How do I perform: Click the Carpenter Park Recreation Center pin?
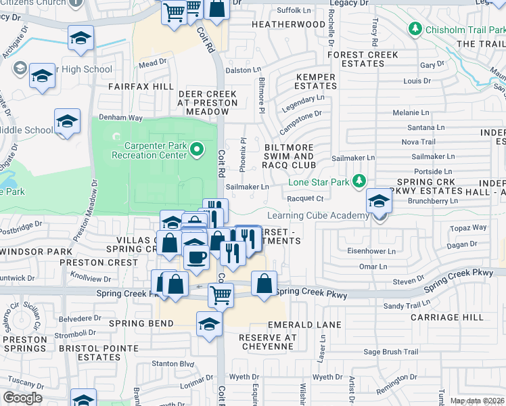click(197, 149)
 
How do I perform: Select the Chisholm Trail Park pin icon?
click(414, 29)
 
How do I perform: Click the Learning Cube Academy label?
click(318, 216)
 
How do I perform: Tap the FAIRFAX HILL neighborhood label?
click(141, 87)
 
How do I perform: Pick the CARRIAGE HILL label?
click(447, 317)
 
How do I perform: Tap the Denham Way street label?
click(121, 117)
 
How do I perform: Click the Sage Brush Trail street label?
click(391, 352)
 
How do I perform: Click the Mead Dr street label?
click(152, 62)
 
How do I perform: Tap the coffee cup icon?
click(196, 257)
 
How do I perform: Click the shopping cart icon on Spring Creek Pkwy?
click(221, 294)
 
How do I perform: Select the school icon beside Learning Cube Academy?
click(379, 201)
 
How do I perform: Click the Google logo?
click(22, 398)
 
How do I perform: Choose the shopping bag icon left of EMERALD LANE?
click(264, 283)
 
